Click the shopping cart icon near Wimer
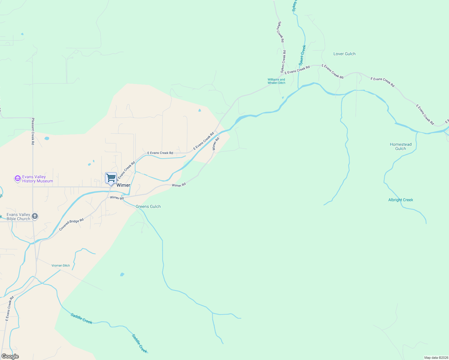(x=111, y=178)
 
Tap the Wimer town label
(x=123, y=185)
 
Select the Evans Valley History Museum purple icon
(x=18, y=179)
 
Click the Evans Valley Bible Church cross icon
(x=35, y=216)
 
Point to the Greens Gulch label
(x=148, y=206)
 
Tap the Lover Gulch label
(x=344, y=54)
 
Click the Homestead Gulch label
(x=400, y=146)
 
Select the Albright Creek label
(x=400, y=200)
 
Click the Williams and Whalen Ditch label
(x=276, y=81)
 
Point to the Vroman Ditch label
(x=61, y=265)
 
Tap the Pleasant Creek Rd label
(x=33, y=131)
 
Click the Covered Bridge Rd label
(x=71, y=224)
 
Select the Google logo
(x=10, y=356)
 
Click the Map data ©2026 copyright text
(x=436, y=358)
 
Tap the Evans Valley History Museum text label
(x=38, y=179)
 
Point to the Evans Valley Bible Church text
(x=18, y=217)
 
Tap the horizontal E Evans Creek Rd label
(x=160, y=153)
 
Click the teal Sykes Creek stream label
(x=302, y=55)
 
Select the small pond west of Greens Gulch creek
(x=122, y=274)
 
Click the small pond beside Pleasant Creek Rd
(x=47, y=139)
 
